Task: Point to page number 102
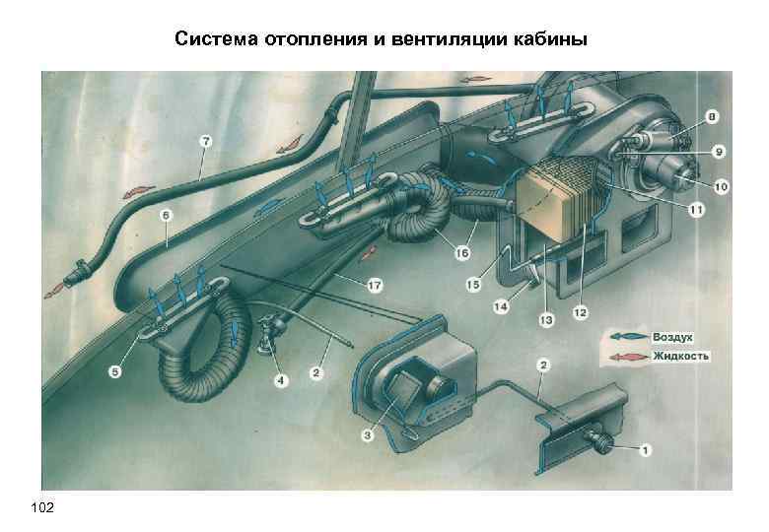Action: pos(43,506)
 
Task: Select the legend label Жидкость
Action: pos(681,356)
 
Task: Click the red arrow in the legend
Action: pos(628,356)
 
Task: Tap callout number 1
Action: pos(646,451)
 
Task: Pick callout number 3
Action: pos(368,434)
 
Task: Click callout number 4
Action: pos(281,380)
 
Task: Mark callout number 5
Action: pos(116,371)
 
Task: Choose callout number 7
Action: pos(205,141)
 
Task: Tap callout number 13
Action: pos(545,320)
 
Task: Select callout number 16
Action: pos(461,253)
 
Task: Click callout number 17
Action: pos(374,286)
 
